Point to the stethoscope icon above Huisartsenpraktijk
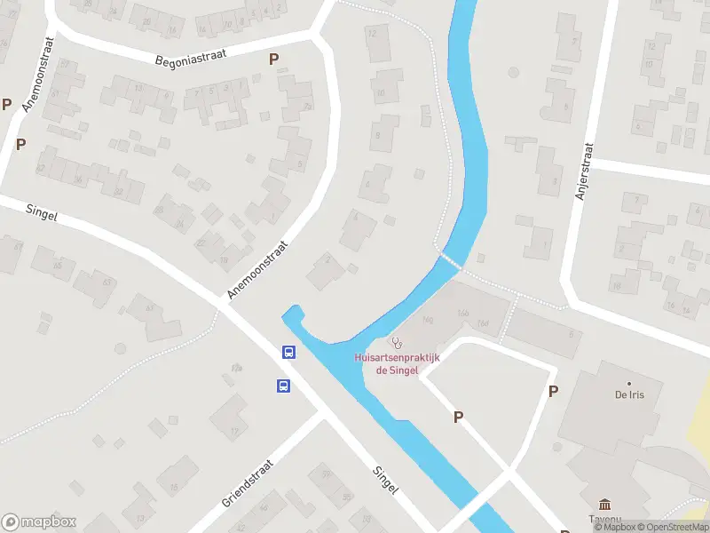coord(396,342)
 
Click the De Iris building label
coord(628,394)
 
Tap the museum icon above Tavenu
coord(604,504)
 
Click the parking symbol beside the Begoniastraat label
coord(273,59)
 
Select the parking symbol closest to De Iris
coord(554,391)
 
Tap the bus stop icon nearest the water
coord(288,352)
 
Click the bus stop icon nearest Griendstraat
coord(283,386)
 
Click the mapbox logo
coord(39,521)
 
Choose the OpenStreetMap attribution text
coord(671,527)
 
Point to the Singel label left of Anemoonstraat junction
coord(42,214)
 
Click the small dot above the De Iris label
coord(628,384)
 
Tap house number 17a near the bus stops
coord(237,367)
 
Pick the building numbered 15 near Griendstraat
coord(174,486)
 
